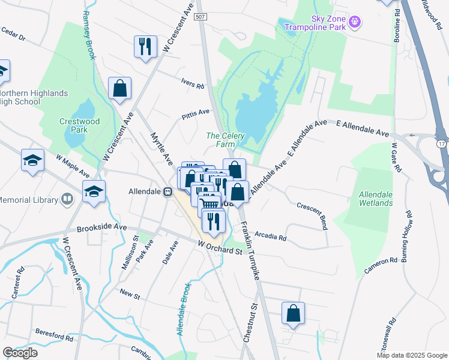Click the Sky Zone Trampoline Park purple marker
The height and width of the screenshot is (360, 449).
point(355,22)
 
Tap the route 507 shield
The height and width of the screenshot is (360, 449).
point(202,17)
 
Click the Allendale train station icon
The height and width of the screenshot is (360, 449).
point(169,192)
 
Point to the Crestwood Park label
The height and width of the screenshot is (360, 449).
point(74,125)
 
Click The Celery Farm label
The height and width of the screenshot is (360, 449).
point(225,140)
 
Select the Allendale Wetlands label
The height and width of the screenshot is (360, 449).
point(376,199)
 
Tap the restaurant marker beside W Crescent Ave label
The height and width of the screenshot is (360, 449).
point(145,47)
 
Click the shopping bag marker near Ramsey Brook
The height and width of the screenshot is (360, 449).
point(120,88)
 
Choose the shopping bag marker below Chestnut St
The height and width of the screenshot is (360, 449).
point(293,313)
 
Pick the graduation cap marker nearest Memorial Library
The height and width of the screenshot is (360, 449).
point(93,192)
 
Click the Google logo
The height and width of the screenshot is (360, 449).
point(20,352)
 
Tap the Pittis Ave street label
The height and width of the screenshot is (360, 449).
point(196,112)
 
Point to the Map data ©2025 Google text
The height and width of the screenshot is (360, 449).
point(411,355)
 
